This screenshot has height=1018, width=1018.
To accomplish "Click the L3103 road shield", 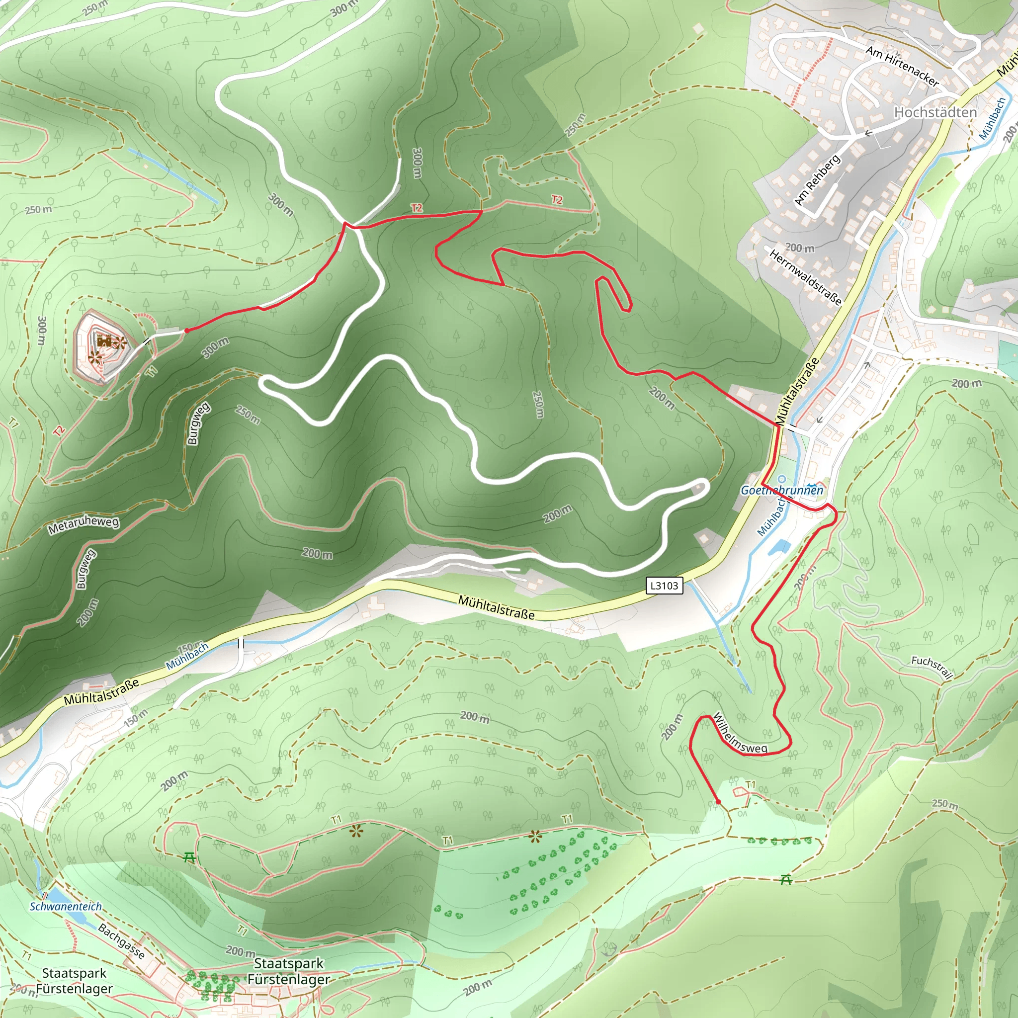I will coord(664,586).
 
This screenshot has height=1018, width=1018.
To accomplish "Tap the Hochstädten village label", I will coord(935,112).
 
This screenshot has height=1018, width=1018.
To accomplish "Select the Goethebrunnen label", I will coord(781,490).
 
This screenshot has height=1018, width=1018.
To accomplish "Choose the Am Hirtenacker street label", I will coord(902,67).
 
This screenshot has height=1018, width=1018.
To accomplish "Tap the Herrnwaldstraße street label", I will coord(805,277).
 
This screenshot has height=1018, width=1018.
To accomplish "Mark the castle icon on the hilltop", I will coord(104,341).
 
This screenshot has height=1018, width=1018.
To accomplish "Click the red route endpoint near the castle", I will coord(186,331).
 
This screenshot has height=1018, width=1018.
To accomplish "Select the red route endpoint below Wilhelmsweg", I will coord(718,801).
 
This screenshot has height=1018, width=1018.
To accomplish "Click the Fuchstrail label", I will coord(932,667).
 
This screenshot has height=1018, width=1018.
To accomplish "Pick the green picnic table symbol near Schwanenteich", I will coord(190,857).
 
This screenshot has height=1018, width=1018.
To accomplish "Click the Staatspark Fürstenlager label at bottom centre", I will coord(288,971).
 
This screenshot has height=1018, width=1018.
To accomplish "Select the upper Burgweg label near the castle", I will coord(198,423).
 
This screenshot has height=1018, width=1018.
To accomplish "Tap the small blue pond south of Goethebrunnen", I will coord(779,547).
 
